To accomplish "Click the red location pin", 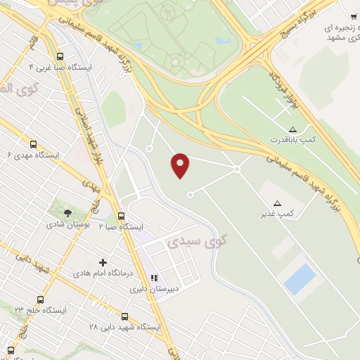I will point(181,165).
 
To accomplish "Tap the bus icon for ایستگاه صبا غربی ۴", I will point(59,57).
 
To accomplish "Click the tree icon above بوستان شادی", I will point(67,212).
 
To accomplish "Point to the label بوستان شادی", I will point(65,225).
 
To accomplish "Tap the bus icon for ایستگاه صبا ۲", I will point(122,217).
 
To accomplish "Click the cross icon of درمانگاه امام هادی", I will point(103,262).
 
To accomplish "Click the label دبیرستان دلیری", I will point(168,288).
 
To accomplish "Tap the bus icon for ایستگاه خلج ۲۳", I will point(40,300).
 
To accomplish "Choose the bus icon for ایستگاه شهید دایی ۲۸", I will point(125,317).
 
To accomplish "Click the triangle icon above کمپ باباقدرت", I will point(292,129).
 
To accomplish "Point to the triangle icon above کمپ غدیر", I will point(277,202).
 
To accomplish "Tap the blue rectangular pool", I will point(301,278).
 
